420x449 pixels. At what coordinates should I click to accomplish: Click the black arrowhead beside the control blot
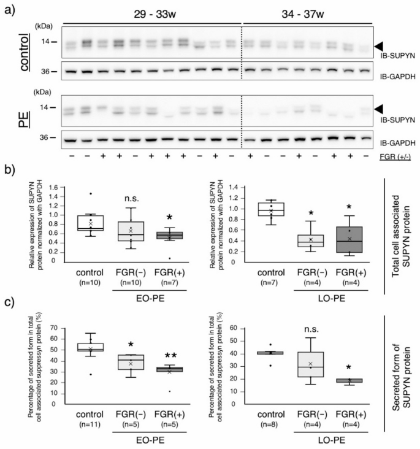pyautogui.click(x=381, y=46)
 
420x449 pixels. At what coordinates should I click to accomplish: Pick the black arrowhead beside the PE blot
pyautogui.click(x=381, y=109)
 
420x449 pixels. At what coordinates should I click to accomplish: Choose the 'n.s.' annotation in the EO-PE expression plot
pyautogui.click(x=128, y=197)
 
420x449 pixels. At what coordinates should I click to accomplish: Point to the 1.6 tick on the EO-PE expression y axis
pyautogui.click(x=59, y=187)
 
